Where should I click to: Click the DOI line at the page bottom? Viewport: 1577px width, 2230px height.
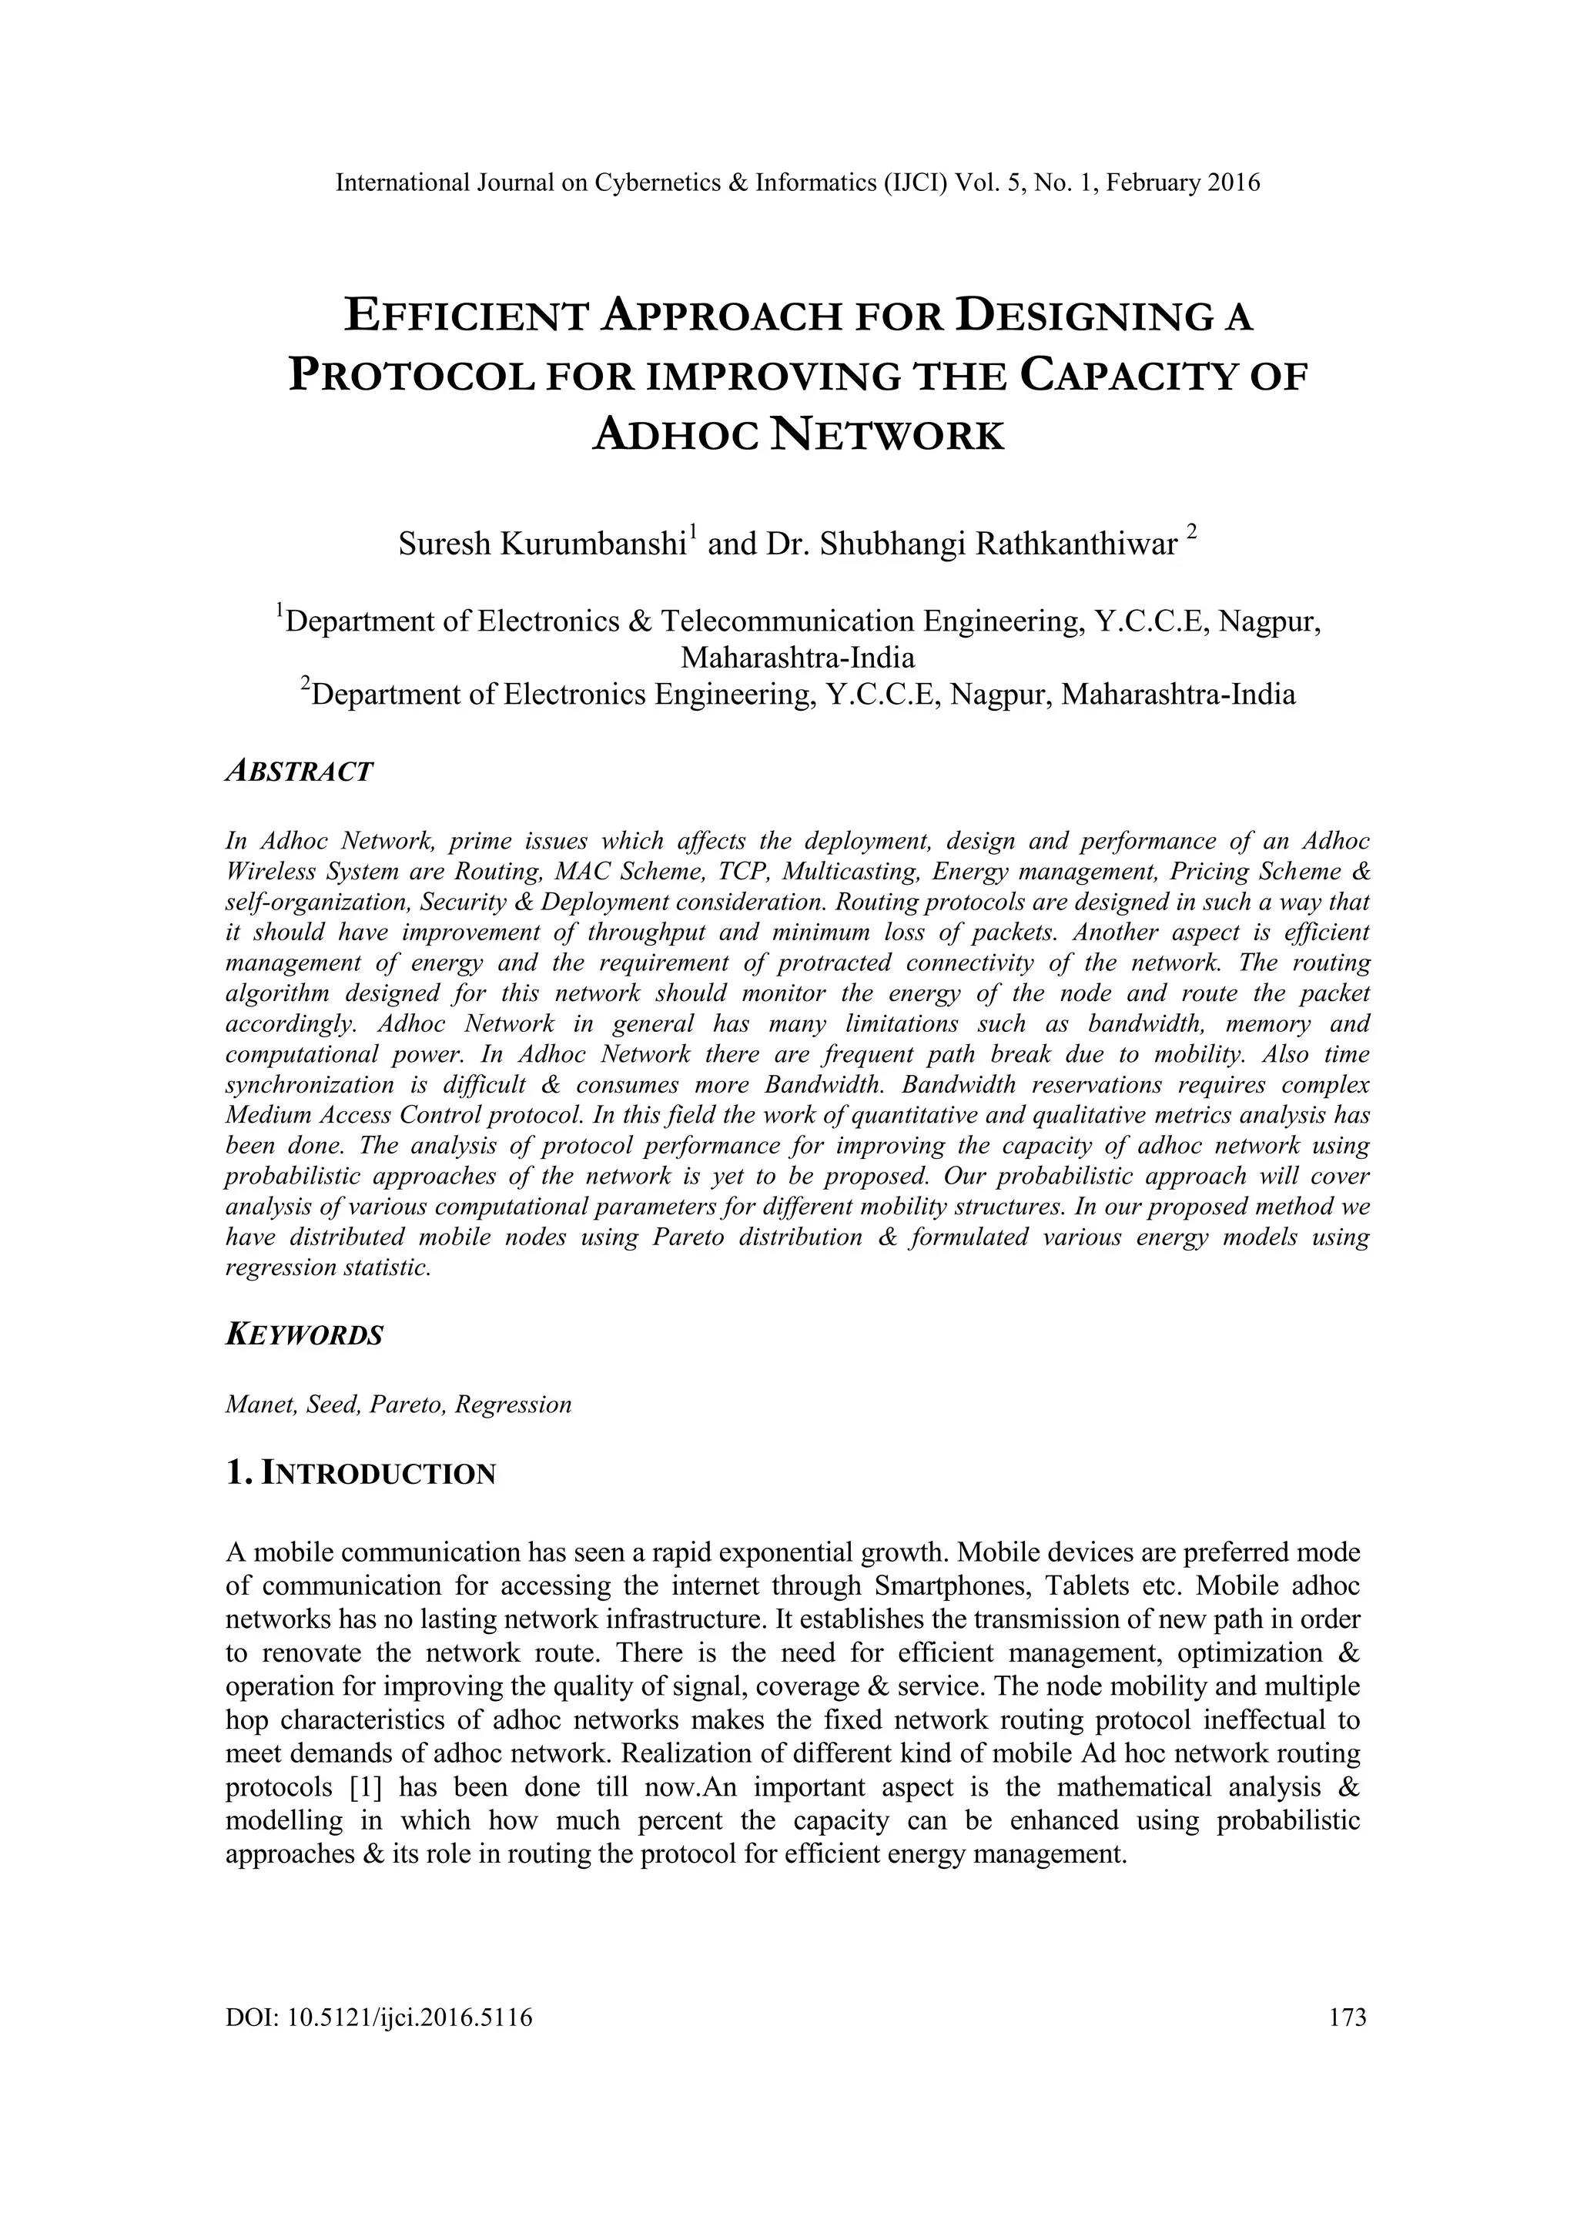point(379,2017)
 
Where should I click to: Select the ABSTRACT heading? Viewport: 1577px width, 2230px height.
point(299,771)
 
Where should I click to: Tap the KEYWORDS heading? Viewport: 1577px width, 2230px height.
point(304,1334)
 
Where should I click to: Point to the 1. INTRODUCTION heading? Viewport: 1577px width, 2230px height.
point(360,1473)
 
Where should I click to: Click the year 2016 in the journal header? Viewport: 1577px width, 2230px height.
point(1234,182)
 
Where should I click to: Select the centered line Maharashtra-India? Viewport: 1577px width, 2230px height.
point(797,658)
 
